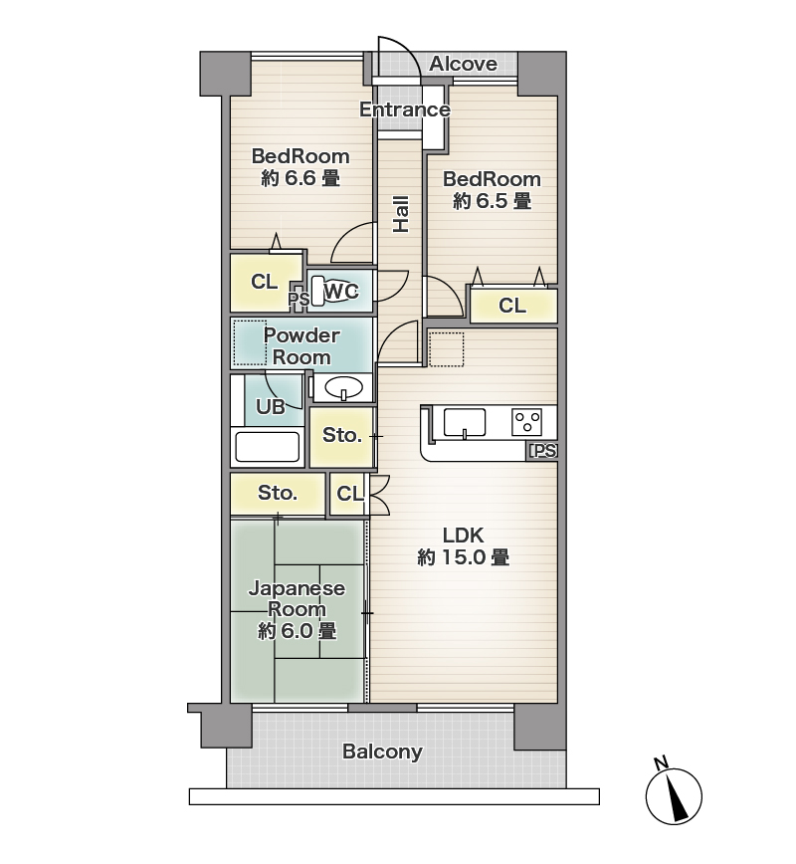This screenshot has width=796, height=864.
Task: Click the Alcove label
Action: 463,64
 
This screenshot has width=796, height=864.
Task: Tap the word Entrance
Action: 405,109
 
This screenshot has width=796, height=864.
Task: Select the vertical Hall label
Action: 401,214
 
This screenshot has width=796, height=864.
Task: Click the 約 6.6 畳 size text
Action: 300,178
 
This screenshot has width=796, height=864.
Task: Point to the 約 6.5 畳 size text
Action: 492,201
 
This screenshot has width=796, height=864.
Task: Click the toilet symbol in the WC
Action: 319,291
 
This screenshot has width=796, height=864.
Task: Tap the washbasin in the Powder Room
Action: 344,387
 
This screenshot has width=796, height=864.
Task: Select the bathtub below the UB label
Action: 268,446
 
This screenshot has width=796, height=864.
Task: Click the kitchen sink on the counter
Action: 465,423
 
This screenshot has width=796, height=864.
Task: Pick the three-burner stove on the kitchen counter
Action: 527,422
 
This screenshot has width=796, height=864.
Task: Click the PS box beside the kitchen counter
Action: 543,451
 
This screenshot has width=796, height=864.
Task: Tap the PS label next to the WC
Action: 298,300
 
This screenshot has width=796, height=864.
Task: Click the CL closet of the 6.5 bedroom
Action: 513,306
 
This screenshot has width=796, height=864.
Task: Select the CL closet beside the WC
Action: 266,282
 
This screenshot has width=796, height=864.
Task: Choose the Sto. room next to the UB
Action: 341,436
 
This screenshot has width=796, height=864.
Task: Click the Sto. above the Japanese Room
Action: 278,493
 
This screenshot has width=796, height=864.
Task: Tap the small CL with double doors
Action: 349,494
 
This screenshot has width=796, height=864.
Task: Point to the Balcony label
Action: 382,752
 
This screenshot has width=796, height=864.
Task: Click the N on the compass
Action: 661,763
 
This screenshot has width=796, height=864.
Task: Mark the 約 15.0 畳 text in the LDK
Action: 464,557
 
